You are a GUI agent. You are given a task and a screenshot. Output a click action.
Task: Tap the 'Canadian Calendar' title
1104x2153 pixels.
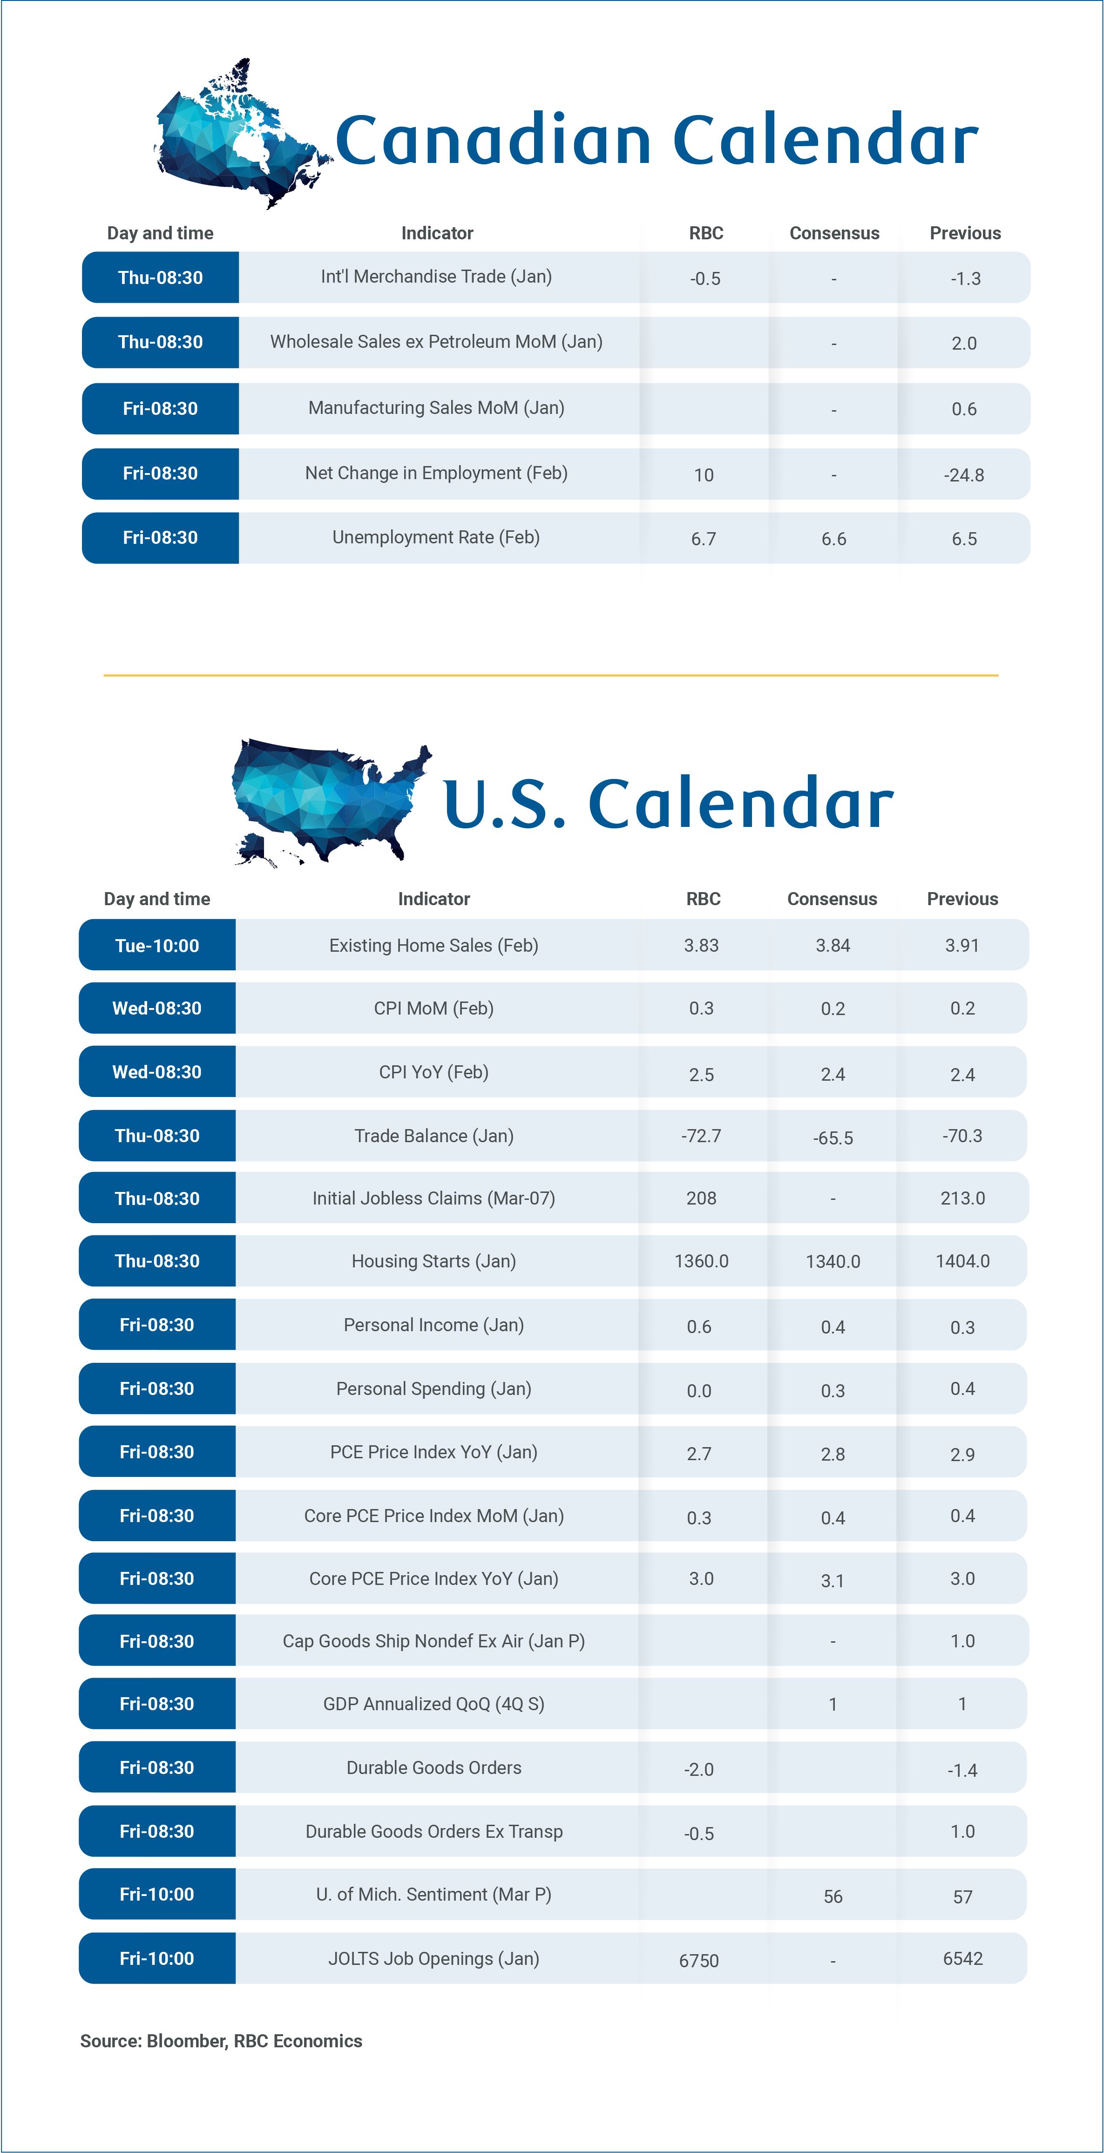tap(656, 140)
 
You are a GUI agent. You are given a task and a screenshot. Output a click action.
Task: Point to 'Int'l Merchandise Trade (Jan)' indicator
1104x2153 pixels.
tap(436, 277)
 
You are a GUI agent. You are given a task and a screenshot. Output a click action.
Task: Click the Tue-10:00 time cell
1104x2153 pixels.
tap(157, 945)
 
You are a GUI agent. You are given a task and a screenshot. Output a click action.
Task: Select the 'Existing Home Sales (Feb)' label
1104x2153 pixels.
tap(434, 945)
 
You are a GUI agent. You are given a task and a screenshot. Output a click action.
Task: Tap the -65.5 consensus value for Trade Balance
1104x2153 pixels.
tap(833, 1137)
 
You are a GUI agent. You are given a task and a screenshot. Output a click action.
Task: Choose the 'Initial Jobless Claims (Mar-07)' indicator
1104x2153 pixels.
tap(434, 1198)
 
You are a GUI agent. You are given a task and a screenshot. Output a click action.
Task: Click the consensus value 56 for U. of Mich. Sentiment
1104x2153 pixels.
tap(833, 1896)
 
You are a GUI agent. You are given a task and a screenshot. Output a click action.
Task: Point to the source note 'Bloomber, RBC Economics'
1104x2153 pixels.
tap(222, 2041)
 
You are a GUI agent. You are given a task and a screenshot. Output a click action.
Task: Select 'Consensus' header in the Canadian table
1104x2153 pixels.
tap(834, 233)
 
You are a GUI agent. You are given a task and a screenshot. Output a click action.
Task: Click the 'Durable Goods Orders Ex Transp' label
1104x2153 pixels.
tap(434, 1831)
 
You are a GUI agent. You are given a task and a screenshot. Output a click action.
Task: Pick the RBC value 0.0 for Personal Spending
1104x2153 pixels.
tap(698, 1391)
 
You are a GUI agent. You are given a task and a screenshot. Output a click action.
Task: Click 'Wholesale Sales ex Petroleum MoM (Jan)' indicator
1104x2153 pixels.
tap(436, 342)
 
